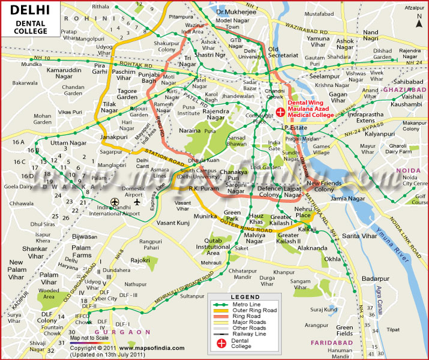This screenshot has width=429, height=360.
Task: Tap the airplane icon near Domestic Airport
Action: [x=137, y=201]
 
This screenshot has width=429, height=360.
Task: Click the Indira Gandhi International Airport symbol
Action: [x=115, y=202]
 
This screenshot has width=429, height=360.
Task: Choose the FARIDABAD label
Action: [x=330, y=342]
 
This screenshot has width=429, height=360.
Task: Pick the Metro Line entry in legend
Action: [x=246, y=304]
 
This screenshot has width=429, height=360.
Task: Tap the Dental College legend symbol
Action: [x=222, y=344]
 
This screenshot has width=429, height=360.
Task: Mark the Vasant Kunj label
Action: [x=172, y=223]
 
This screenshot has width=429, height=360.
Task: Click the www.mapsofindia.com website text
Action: [x=147, y=347]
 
